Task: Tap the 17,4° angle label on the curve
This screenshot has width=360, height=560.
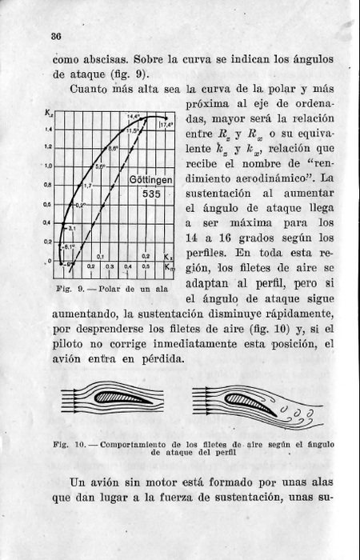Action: tap(166, 125)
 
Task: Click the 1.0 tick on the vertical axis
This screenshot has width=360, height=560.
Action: tap(48, 166)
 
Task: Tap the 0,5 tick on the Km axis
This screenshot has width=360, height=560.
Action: tap(146, 265)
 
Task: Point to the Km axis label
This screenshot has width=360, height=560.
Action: tap(168, 265)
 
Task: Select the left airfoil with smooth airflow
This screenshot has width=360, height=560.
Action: tap(117, 396)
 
